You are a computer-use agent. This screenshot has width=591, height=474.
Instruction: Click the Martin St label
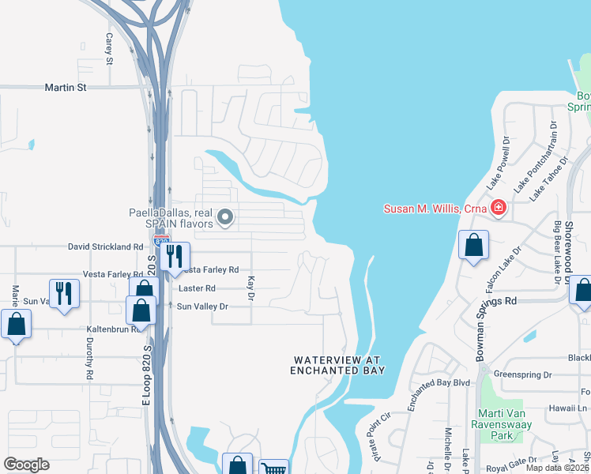point(65,88)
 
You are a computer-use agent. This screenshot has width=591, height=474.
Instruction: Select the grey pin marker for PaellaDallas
point(226,216)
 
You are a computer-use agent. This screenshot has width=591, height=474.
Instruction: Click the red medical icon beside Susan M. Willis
point(498,209)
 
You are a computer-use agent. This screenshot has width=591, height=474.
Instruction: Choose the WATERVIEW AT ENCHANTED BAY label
point(337,365)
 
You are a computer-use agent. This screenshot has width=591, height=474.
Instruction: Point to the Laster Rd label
point(198,288)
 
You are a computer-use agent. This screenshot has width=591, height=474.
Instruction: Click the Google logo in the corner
point(26,464)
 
